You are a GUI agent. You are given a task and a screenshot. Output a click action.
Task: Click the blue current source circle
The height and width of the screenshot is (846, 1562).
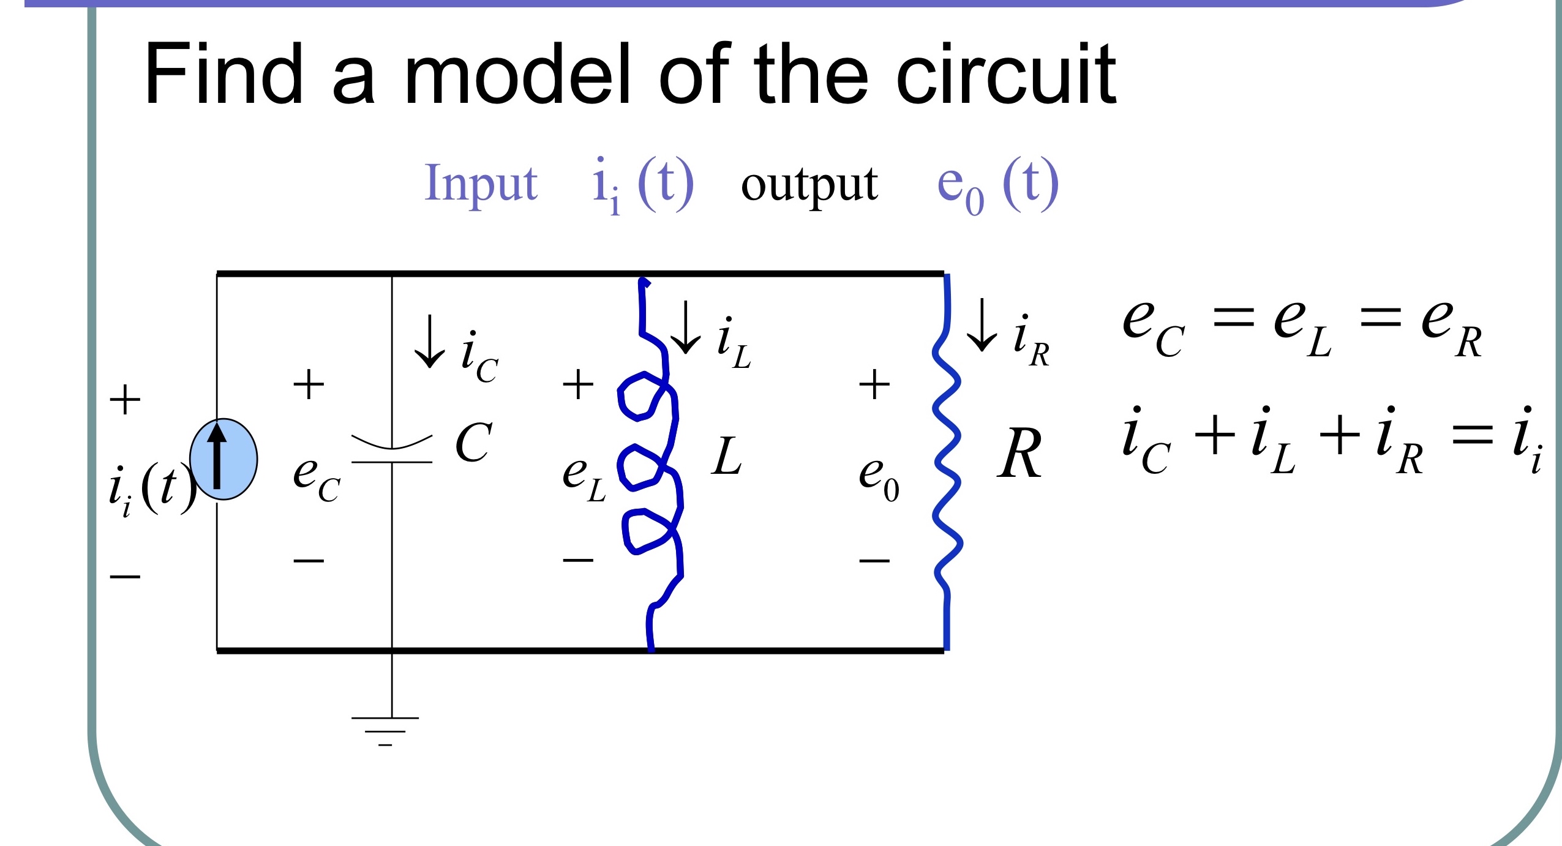[x=223, y=459]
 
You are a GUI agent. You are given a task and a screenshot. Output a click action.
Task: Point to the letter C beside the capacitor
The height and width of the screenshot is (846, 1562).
[x=473, y=443]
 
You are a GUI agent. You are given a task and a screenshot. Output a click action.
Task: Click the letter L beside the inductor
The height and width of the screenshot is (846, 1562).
[x=727, y=457]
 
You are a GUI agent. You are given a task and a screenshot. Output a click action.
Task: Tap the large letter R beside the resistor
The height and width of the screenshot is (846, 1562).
[x=1019, y=454]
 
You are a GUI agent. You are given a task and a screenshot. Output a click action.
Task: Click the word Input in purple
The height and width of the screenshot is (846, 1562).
[x=481, y=182]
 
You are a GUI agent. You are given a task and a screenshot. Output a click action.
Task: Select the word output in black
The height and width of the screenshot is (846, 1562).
[x=809, y=184]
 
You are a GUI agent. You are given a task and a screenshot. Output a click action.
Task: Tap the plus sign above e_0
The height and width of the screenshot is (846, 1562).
[x=874, y=385]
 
